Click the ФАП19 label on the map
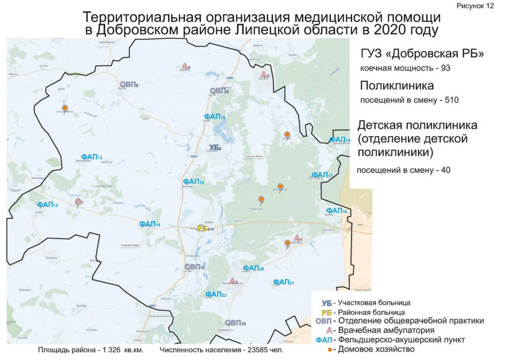click(215, 116)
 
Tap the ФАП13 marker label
click(91, 157)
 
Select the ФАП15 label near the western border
click(47, 205)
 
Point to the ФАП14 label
click(150, 224)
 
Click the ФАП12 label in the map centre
click(193, 182)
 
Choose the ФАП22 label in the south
click(216, 294)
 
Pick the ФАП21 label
click(283, 282)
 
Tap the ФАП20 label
click(253, 268)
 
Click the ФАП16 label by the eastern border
click(337, 210)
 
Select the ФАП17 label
click(322, 175)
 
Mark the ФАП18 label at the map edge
click(340, 139)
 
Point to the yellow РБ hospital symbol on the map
click(202, 228)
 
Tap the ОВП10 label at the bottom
click(235, 323)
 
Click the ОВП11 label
click(195, 267)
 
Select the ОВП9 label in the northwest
click(129, 84)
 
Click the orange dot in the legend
click(330, 350)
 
